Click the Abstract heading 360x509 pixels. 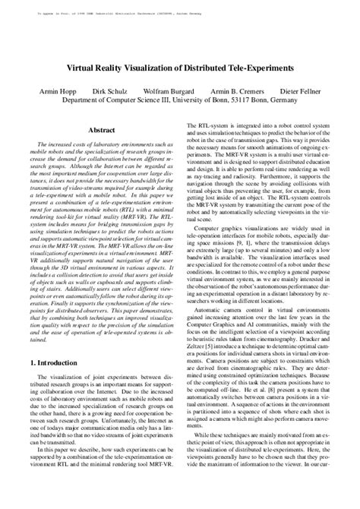(x=102, y=130)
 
